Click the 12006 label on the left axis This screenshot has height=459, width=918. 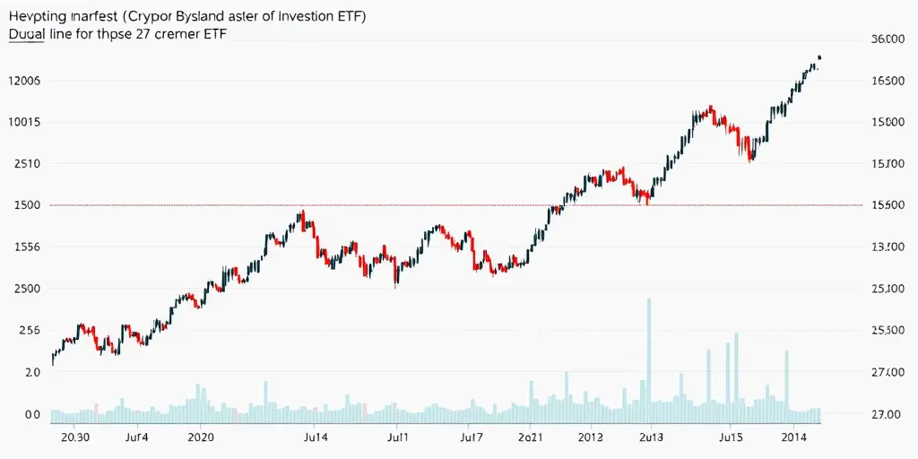pyautogui.click(x=24, y=81)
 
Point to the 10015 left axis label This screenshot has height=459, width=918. pyautogui.click(x=24, y=122)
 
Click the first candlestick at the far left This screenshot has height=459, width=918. pyautogui.click(x=53, y=359)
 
